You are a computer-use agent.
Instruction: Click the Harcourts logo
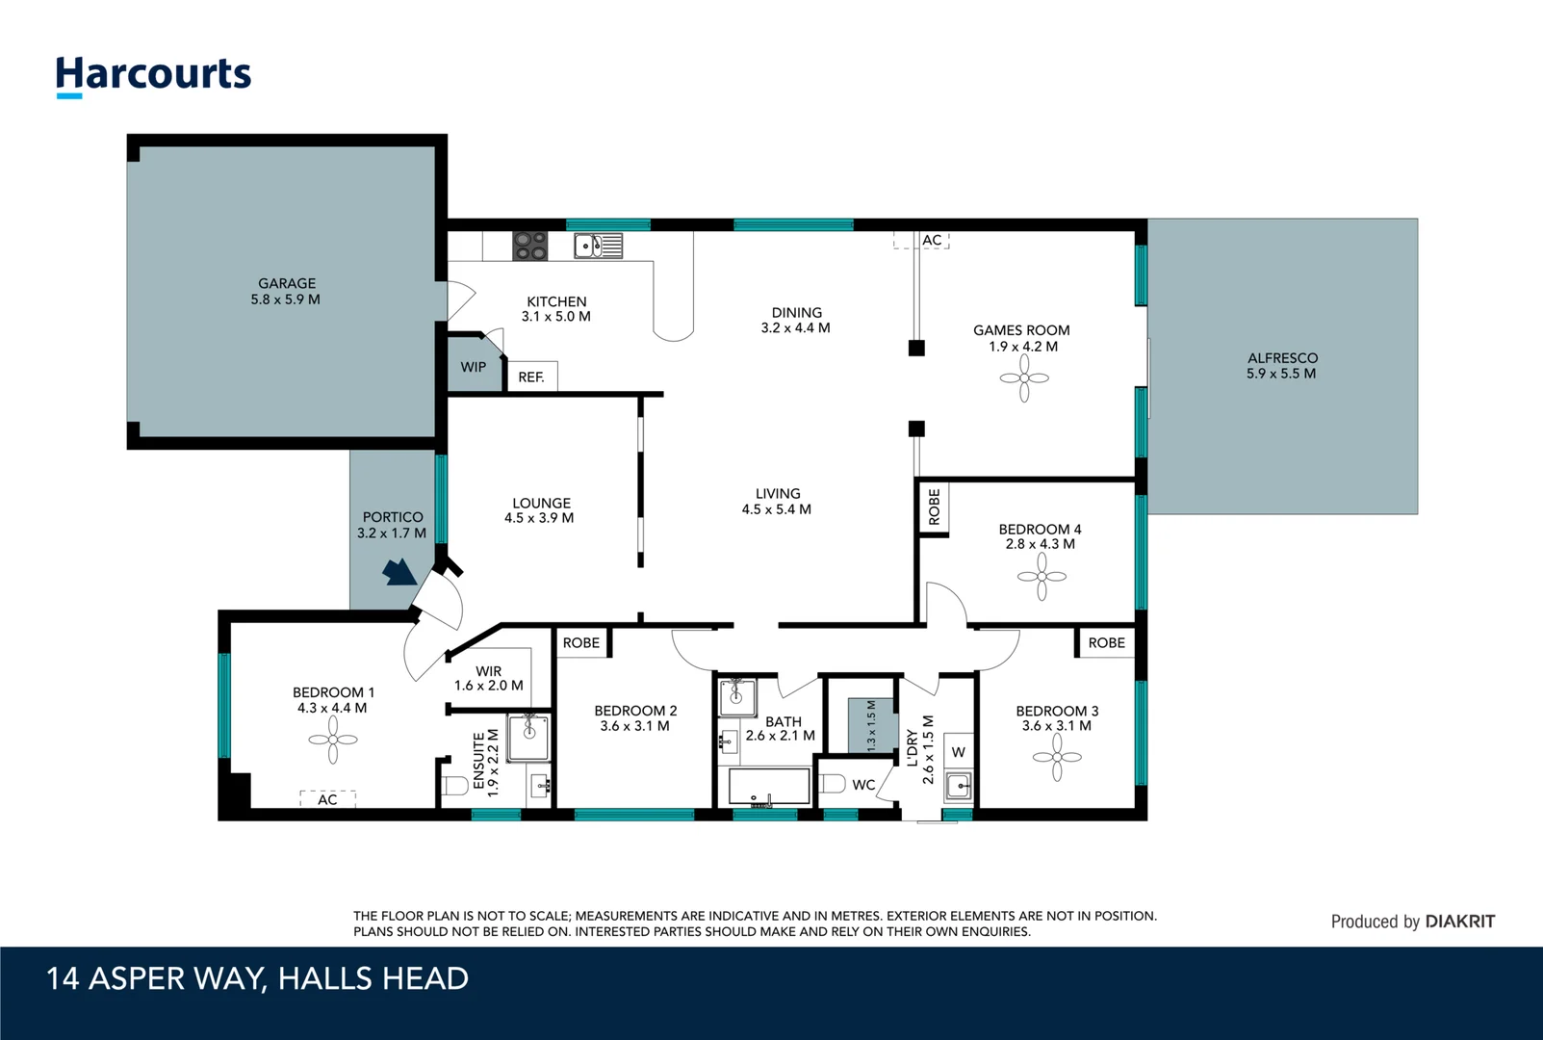(153, 76)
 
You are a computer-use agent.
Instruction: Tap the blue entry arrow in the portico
(399, 573)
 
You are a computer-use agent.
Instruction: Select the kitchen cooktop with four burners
(529, 247)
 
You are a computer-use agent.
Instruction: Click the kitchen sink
(598, 247)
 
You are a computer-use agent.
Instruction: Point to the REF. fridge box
(531, 377)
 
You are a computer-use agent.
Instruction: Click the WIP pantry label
(474, 367)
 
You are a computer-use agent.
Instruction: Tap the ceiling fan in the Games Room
(1024, 377)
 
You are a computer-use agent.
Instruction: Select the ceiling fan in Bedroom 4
(1042, 576)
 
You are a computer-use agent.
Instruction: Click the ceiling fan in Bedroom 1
(333, 740)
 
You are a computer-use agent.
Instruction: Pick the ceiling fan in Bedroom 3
(1057, 757)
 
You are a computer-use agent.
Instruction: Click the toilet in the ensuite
(454, 785)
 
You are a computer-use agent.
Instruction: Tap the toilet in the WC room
(832, 784)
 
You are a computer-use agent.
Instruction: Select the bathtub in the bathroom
(769, 787)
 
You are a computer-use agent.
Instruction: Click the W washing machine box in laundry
(958, 752)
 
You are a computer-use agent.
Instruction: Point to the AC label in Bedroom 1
(328, 799)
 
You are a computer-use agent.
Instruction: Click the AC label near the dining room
(932, 240)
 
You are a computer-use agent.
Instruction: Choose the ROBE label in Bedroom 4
(934, 507)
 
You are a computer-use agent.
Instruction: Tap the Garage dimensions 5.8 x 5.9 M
(285, 299)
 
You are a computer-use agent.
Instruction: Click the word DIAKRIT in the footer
(1459, 922)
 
